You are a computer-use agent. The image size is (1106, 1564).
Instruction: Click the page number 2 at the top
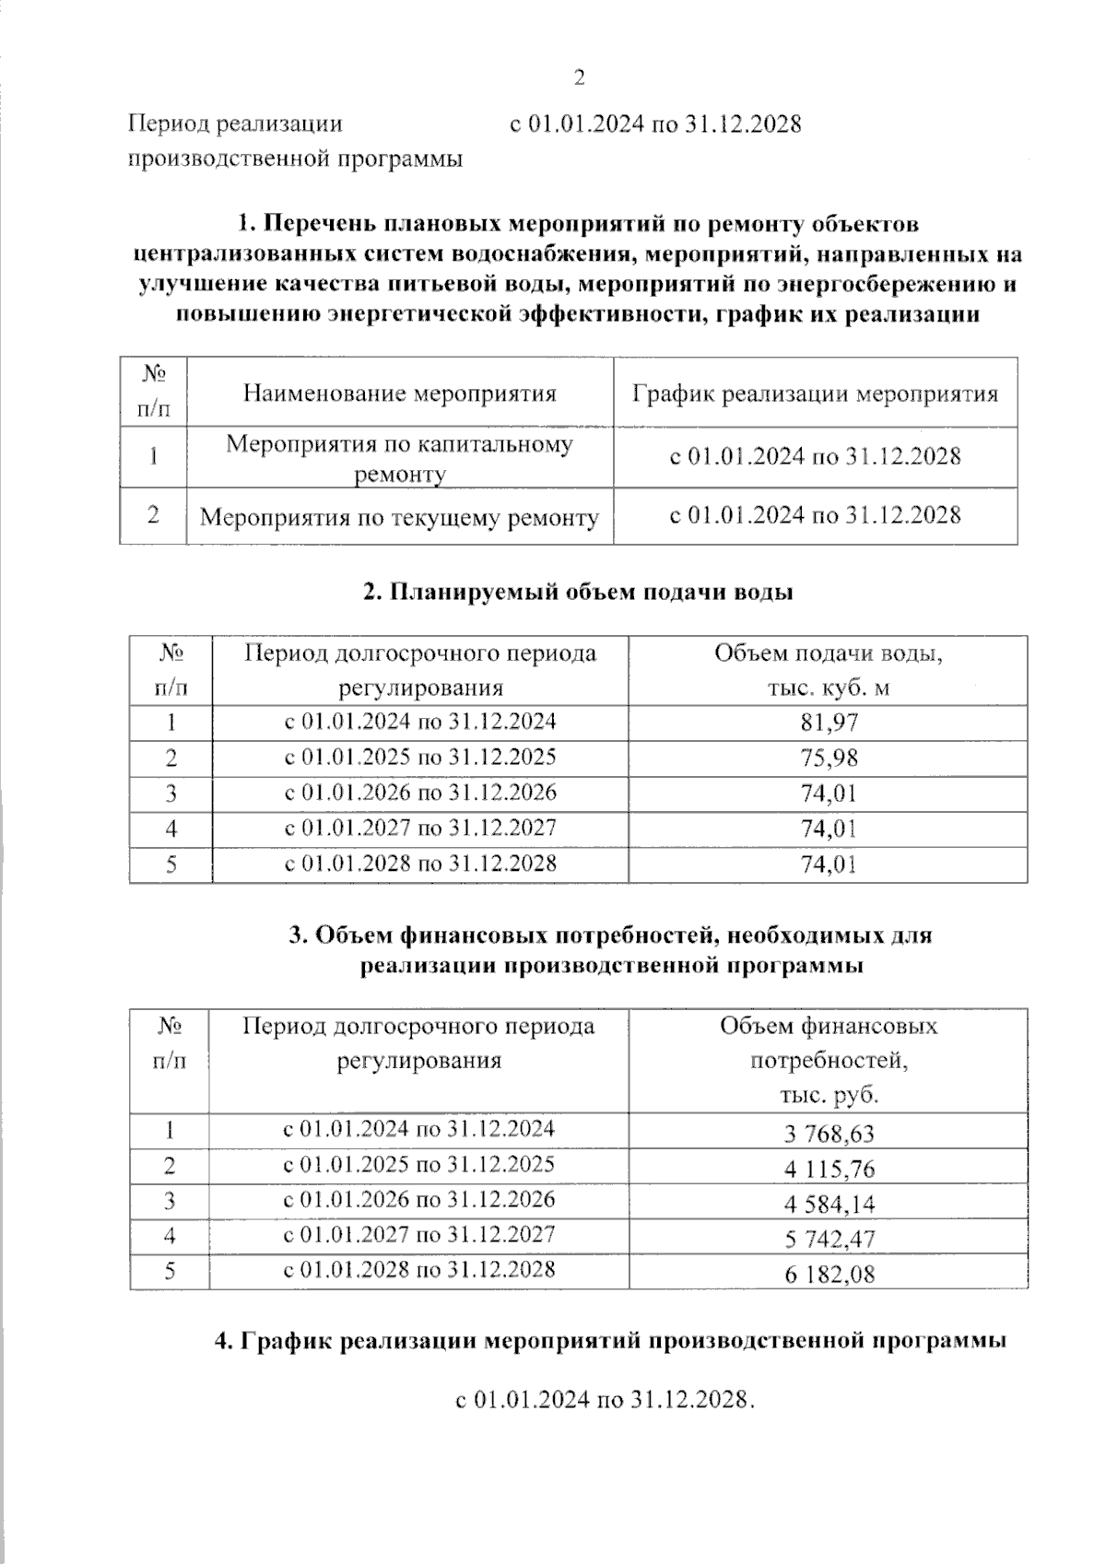(580, 78)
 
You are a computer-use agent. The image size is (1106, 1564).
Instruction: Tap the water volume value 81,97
(829, 723)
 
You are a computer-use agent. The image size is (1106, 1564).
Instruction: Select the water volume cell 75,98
(829, 758)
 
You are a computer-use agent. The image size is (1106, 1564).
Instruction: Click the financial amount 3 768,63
(829, 1134)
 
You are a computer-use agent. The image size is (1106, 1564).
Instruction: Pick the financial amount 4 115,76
(829, 1170)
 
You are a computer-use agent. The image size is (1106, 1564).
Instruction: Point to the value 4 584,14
(829, 1205)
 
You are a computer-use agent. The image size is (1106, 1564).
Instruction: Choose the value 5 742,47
(829, 1240)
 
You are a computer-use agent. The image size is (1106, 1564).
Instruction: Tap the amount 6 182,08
(829, 1276)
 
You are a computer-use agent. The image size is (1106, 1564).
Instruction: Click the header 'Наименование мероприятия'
(400, 394)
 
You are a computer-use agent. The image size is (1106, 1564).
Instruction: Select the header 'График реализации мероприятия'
(815, 394)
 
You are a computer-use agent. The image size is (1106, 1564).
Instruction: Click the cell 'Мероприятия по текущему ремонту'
(400, 518)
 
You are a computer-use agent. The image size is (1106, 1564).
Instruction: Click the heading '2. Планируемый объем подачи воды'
(578, 592)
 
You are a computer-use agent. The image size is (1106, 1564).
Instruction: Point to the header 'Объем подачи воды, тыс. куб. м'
(828, 671)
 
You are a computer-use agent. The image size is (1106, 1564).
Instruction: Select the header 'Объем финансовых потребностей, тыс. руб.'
(828, 1061)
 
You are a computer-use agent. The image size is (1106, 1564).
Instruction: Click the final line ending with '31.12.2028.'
(606, 1400)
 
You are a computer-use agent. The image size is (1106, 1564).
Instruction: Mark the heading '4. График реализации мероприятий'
(609, 1341)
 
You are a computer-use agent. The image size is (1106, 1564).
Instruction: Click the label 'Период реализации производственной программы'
(295, 141)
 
